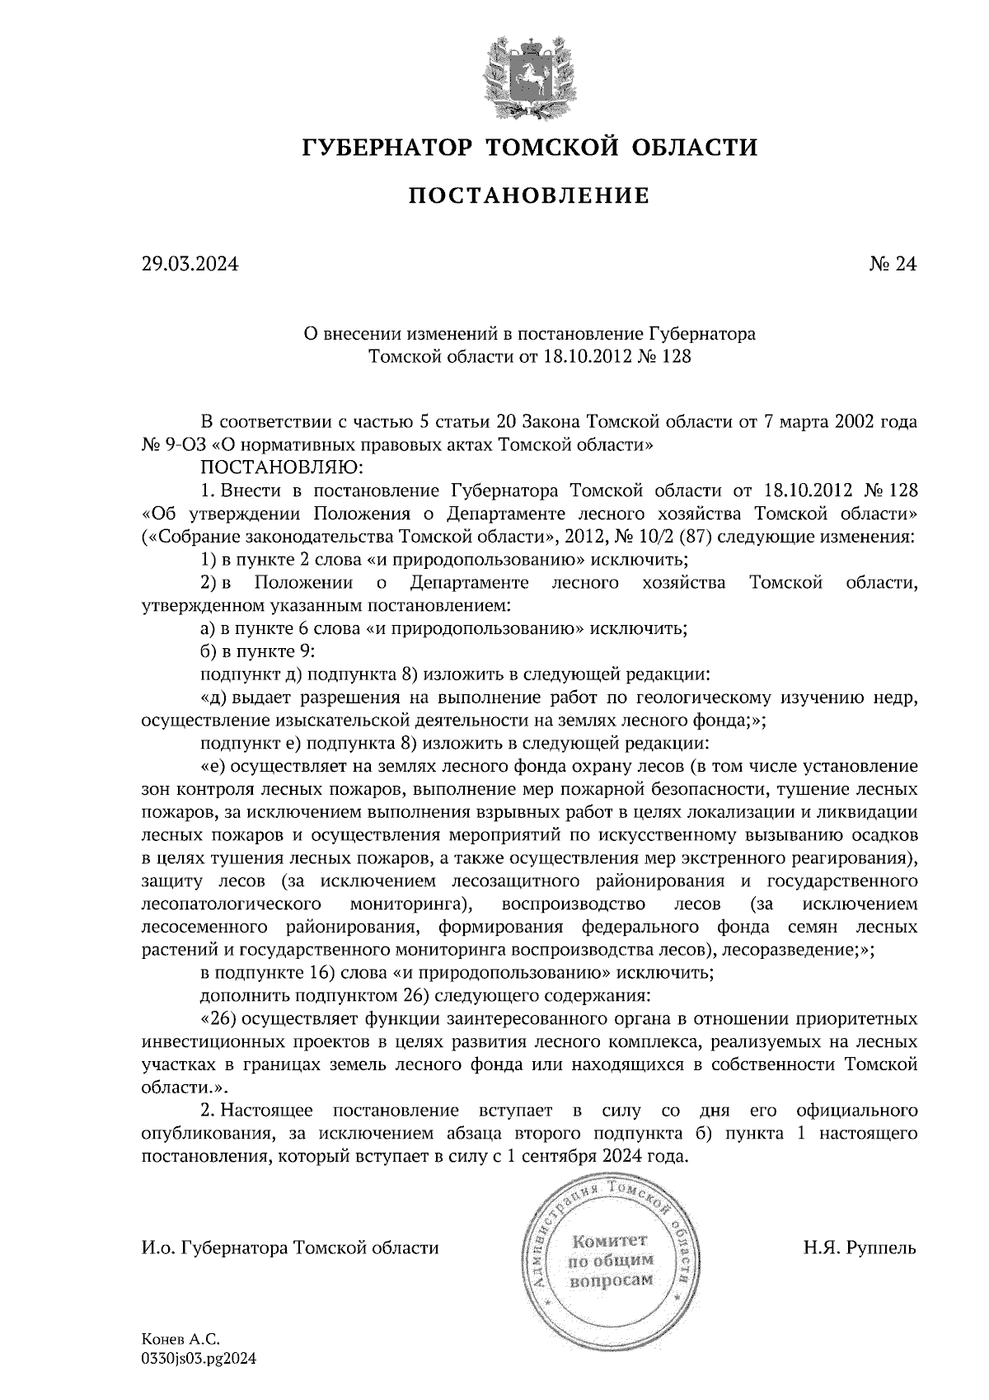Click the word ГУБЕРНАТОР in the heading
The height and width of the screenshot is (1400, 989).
pos(385,148)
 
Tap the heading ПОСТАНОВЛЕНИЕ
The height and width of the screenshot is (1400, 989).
pos(529,196)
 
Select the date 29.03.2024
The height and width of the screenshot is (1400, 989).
pos(190,265)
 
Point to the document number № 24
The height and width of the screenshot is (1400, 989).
pos(893,265)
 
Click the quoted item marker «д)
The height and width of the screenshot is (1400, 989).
pos(214,698)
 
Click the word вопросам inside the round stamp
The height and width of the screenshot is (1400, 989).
pos(610,1280)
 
